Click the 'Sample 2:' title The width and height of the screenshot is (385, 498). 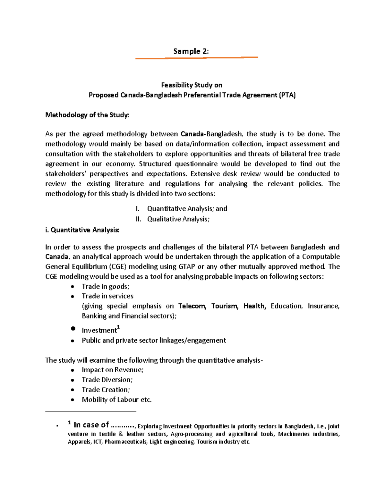coord(191,51)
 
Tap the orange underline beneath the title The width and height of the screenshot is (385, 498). coord(196,58)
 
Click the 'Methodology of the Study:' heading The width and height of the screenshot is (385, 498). coord(87,115)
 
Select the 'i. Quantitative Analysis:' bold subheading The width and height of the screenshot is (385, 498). coord(82,230)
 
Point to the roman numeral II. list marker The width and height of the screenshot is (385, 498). coord(138,219)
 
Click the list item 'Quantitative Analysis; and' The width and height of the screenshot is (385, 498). coord(187,209)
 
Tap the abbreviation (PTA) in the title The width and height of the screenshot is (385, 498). coord(287,95)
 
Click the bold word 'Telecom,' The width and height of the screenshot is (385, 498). coord(192,306)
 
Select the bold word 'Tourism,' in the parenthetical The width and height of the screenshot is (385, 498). coord(225,306)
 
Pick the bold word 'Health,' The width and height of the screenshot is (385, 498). coord(255,306)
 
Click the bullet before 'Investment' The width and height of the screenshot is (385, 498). coord(73,329)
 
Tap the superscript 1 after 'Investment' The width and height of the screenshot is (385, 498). coord(118,327)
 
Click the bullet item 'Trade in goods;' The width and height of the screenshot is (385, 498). coord(106,287)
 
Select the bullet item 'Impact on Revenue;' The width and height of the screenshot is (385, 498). coord(113,370)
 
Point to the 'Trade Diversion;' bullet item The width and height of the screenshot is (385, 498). coord(107,380)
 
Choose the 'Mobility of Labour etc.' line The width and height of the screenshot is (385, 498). coord(117,400)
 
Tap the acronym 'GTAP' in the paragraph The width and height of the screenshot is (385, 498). coord(186,267)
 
